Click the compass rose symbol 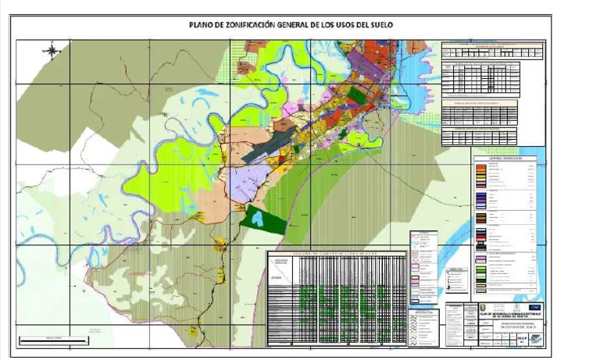coord(52,52)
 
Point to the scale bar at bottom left coord(45,340)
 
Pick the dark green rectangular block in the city coord(357,95)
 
